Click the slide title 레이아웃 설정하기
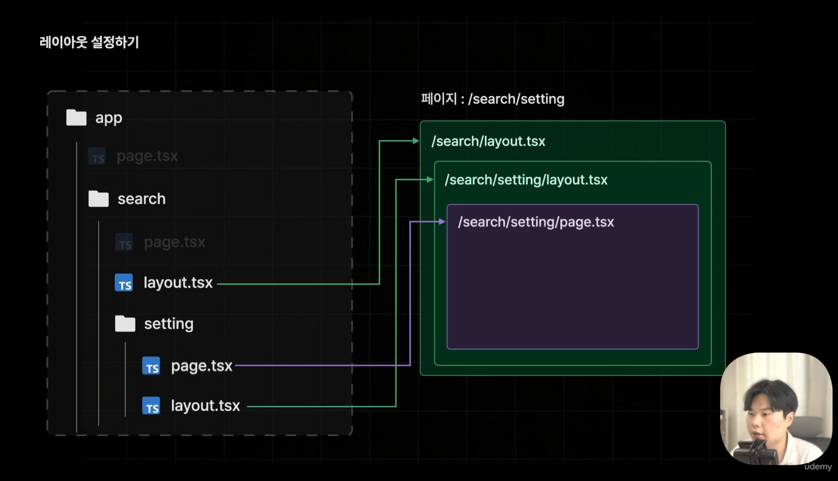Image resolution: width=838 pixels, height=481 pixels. point(89,42)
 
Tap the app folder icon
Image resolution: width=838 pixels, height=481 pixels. point(76,118)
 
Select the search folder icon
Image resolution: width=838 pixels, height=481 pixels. point(98,199)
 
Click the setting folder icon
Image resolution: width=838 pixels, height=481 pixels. point(125,323)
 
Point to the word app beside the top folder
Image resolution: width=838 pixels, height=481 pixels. point(109,118)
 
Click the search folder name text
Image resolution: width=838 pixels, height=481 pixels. point(141,199)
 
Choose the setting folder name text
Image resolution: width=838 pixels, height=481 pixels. point(169,324)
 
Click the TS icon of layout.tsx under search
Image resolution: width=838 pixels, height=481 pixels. point(124,283)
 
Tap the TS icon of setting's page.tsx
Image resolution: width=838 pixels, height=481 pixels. point(151,366)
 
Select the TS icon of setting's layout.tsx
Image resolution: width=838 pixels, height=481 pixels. point(151,406)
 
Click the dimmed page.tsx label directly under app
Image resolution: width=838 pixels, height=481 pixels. point(147,156)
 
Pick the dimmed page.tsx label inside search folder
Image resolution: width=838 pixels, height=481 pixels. point(174,242)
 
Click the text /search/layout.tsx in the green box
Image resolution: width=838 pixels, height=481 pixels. point(488,141)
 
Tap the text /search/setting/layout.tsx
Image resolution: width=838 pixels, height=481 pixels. point(526,180)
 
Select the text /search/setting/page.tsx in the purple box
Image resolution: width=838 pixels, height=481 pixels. point(536,222)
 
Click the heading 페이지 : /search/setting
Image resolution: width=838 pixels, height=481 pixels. point(492,99)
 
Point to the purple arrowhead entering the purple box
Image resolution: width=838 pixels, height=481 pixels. point(442,222)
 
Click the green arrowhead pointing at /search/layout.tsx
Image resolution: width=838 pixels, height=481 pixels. point(416,141)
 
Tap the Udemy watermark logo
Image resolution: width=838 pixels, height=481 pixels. point(818,467)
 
